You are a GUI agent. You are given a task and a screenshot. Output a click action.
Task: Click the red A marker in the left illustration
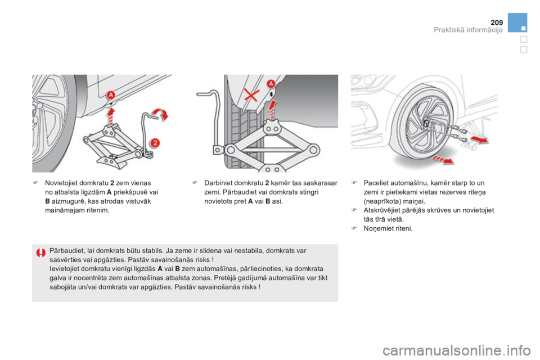coord(111,94)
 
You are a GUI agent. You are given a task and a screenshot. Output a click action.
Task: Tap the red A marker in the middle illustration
coord(271,83)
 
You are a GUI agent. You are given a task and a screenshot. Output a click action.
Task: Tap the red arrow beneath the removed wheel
coord(444,160)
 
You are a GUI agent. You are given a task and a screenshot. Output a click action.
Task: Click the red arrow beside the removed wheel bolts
coord(479,138)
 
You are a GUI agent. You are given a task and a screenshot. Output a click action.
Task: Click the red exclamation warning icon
coord(41,254)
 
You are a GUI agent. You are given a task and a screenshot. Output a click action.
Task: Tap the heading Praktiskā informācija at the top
coord(468,30)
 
